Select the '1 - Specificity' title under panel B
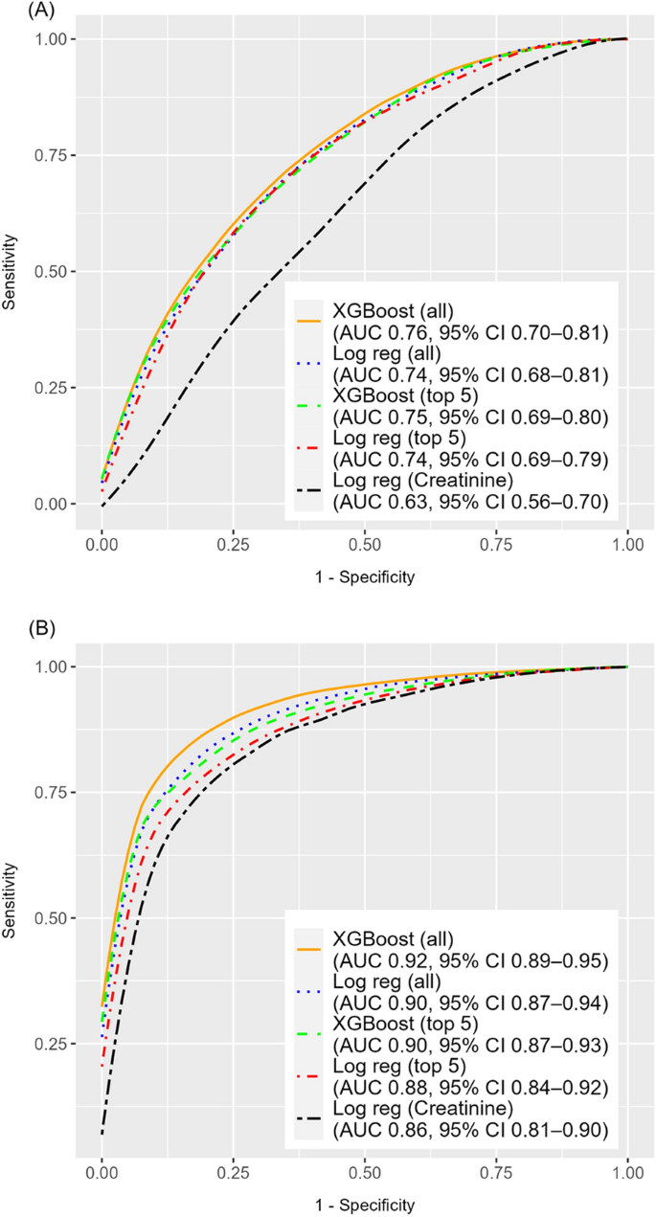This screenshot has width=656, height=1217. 365,1205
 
